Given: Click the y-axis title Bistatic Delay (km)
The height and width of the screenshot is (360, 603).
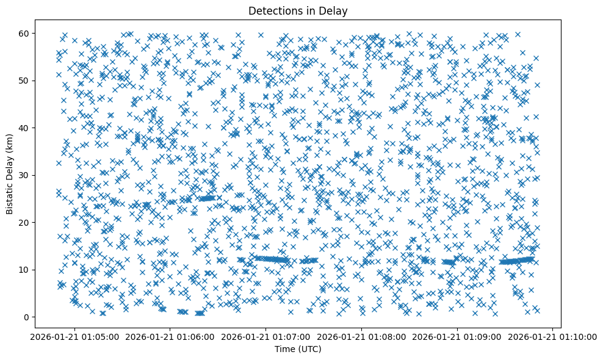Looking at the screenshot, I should coord(10,174).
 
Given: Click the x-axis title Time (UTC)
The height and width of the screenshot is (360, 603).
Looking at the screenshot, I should coord(298,350).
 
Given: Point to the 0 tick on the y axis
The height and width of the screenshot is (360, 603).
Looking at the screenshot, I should coord(27,317).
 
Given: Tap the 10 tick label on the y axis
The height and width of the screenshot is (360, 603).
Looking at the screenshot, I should coord(24,270).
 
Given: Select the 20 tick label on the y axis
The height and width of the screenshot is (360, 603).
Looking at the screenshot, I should coord(24,222).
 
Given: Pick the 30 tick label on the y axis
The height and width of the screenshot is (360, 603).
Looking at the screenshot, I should coord(24,175).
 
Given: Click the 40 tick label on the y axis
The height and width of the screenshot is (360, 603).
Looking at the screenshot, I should coord(24,128).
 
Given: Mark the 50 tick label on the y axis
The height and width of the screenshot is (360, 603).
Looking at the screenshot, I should coord(24,81).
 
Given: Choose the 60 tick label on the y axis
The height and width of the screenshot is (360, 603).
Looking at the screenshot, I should coord(24,33).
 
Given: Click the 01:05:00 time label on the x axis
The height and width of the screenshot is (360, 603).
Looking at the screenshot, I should coord(74,336).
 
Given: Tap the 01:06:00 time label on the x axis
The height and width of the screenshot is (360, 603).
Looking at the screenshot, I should coord(170,336).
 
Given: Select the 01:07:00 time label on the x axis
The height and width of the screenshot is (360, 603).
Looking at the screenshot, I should coord(266,336).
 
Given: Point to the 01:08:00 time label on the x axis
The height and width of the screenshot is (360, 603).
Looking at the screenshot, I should coord(362,336).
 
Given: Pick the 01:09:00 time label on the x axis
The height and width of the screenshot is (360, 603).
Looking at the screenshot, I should coord(458,336).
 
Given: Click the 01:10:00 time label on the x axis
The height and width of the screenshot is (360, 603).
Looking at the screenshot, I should coord(553,336).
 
